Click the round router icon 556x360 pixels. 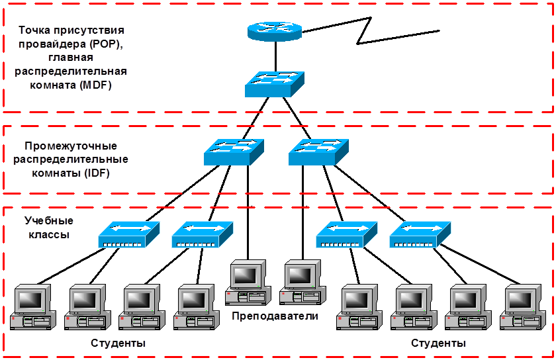[275, 30]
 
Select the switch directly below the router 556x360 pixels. [274, 85]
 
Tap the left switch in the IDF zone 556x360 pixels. [234, 152]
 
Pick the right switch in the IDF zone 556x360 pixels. [318, 152]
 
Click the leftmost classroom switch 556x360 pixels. [129, 234]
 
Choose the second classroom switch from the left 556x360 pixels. [202, 234]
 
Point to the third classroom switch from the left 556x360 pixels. [347, 234]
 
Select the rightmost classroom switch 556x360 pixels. [420, 234]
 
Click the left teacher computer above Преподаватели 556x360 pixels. [248, 282]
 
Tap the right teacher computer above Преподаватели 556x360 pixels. [302, 282]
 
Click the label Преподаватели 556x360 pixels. [275, 316]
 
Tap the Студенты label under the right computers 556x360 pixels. [439, 343]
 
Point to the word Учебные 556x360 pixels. [49, 220]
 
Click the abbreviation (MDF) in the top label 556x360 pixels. [96, 86]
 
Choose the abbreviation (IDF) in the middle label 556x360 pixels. [97, 173]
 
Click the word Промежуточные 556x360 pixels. [71, 146]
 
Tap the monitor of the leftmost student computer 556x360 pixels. [32, 299]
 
